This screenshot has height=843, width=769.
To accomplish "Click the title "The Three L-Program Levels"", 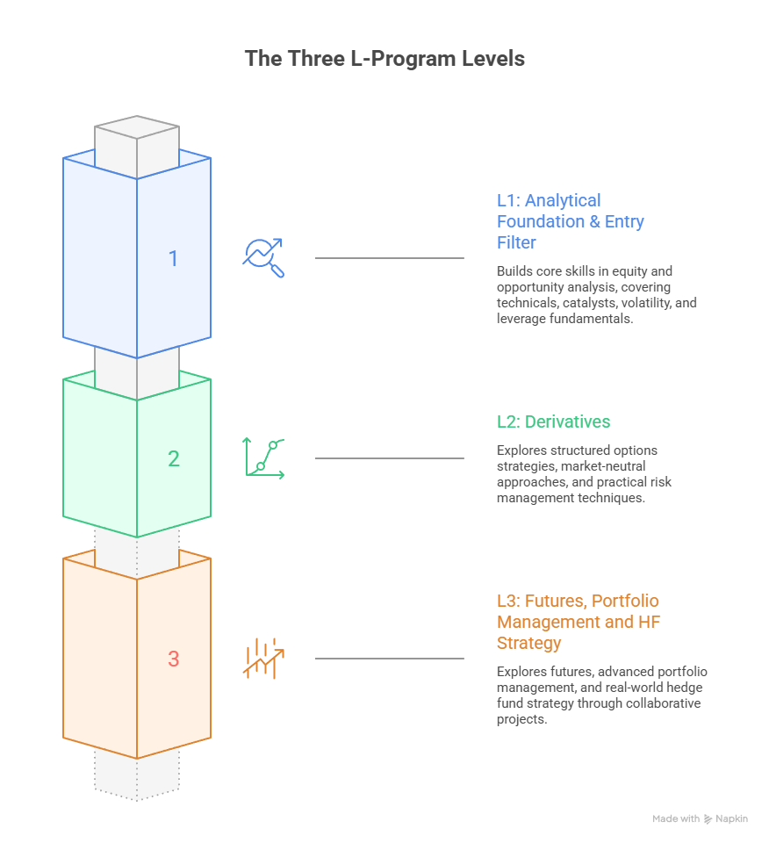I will tap(384, 59).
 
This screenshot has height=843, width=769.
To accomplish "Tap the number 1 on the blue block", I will tap(173, 258).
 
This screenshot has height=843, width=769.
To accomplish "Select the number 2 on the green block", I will tap(174, 458).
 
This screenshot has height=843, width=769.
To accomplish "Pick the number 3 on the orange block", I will tap(173, 659).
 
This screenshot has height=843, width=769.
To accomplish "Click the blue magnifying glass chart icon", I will tap(263, 257).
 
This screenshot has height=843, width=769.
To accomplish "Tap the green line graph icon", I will tap(264, 458).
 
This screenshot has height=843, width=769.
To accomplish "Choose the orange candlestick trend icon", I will tap(263, 658).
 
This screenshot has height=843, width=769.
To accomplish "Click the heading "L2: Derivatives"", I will tap(553, 422).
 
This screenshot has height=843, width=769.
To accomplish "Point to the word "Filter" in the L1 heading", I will tap(516, 242).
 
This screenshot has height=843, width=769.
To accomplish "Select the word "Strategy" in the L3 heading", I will tap(529, 644).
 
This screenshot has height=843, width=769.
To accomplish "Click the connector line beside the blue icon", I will tap(389, 258).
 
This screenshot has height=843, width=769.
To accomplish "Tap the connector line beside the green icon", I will tap(389, 458).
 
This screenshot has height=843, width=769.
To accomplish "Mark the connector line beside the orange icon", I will tap(389, 659).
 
